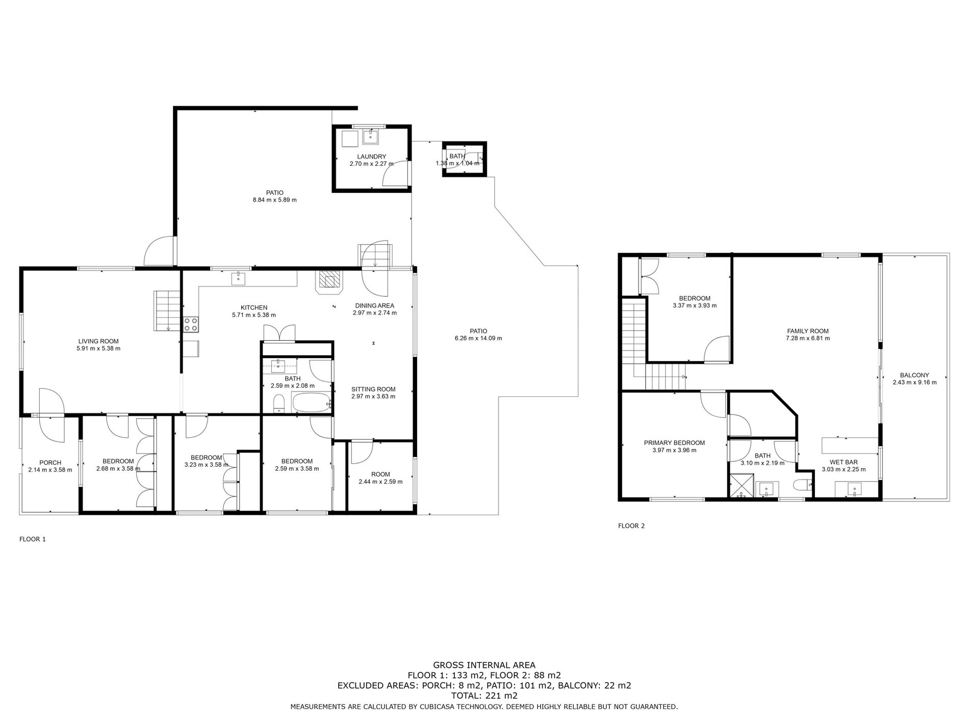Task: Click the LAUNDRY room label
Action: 371,157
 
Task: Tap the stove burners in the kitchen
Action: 191,323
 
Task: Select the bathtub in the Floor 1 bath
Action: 312,402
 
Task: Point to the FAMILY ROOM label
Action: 808,331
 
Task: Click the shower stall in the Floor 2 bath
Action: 742,485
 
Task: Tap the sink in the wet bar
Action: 855,490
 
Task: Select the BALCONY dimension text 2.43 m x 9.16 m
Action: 914,382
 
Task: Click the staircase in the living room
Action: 168,311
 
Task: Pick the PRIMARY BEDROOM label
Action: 674,443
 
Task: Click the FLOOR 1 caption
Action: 33,539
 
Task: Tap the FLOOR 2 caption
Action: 631,525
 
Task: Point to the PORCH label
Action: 50,463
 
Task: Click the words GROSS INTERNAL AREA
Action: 484,665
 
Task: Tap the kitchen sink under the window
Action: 238,279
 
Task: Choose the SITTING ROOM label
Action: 373,389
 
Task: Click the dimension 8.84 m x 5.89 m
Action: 274,200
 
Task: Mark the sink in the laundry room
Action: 370,137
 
